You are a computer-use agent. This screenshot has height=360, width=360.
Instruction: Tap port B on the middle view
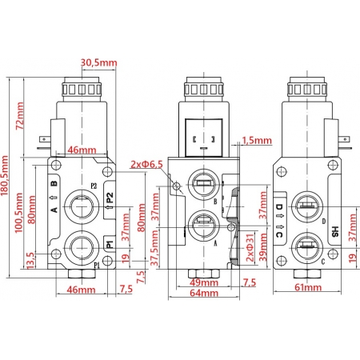click(x=202, y=186)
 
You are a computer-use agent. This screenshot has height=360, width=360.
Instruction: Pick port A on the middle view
click(x=202, y=223)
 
